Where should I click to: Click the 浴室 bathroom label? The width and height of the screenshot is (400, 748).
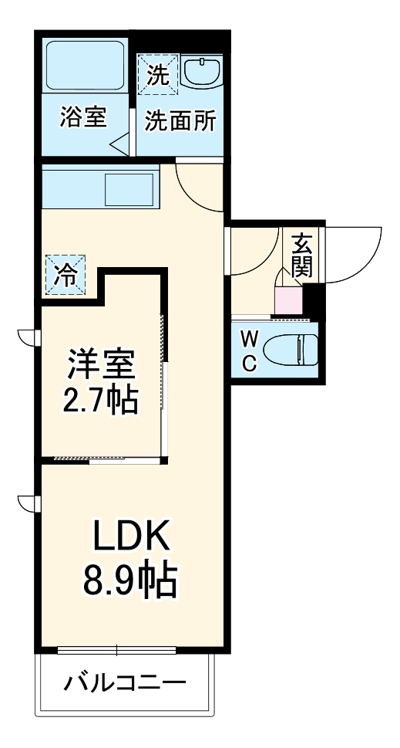click(83, 118)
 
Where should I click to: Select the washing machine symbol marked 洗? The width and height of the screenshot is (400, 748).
click(156, 74)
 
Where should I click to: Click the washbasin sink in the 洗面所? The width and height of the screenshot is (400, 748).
click(203, 73)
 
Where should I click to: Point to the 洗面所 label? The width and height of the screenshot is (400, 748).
click(181, 121)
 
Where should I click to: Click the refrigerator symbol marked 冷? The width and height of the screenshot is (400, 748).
click(66, 276)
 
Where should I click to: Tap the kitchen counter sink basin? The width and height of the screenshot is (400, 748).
click(129, 189)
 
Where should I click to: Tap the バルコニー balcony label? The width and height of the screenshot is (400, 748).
click(125, 682)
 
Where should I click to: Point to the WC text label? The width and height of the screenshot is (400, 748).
click(249, 351)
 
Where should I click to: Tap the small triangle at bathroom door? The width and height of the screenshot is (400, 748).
click(119, 144)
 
